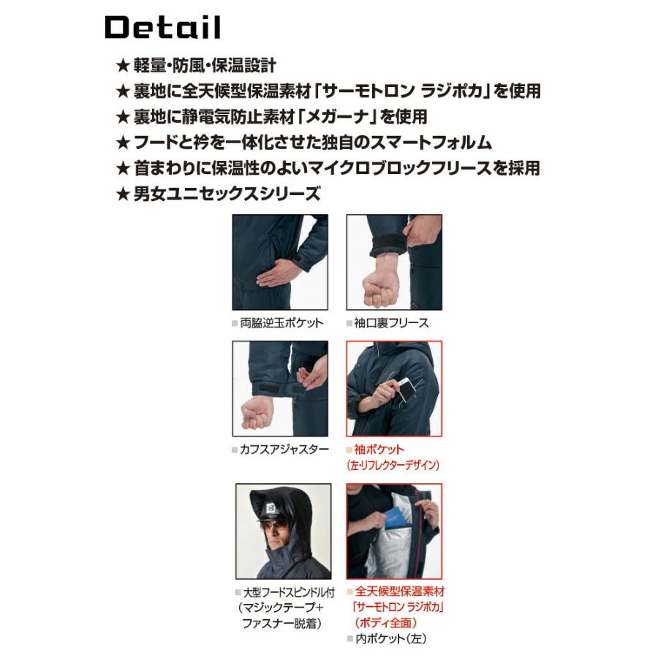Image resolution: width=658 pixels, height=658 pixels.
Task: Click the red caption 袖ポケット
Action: (378, 449)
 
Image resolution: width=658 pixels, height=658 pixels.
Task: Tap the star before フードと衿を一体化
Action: (123, 142)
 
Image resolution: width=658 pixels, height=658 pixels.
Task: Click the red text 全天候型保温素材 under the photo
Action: (399, 591)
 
